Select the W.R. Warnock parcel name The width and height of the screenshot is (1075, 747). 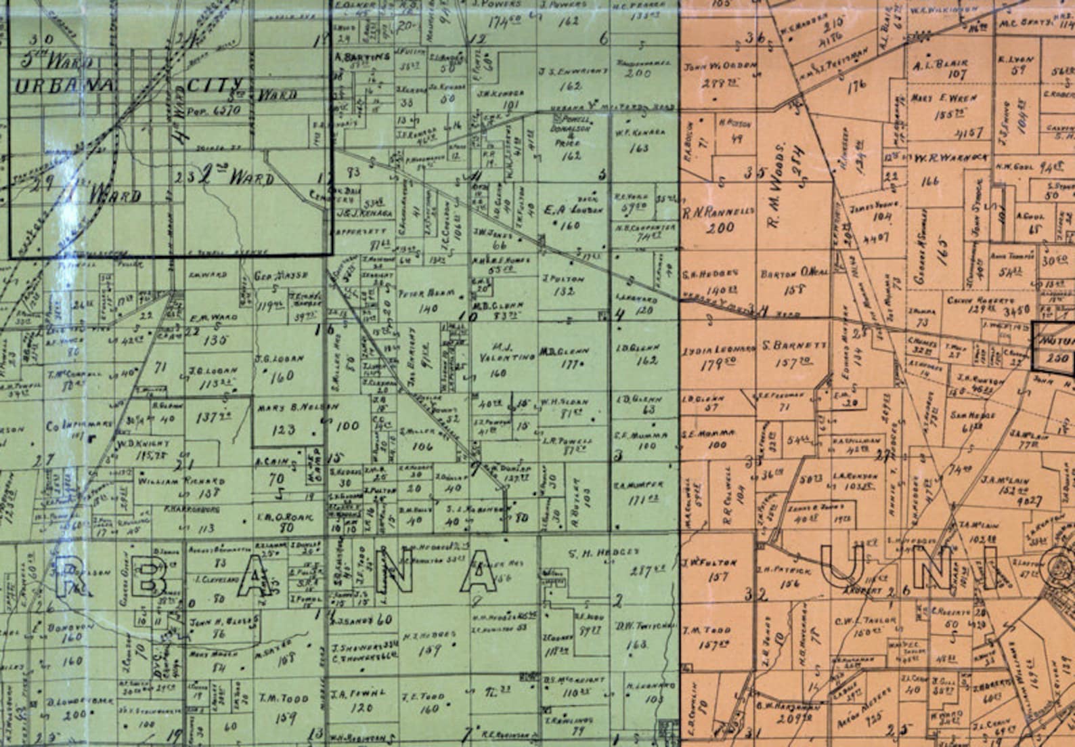950,158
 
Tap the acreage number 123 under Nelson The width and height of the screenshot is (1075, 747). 283,429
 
